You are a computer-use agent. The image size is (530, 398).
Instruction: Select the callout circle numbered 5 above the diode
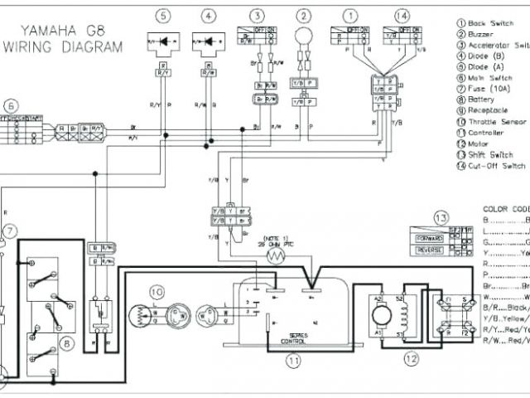click(163, 17)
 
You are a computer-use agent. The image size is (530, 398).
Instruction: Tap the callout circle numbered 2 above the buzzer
click(306, 17)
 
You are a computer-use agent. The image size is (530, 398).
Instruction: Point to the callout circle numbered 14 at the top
click(402, 17)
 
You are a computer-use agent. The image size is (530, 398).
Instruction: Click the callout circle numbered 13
click(440, 218)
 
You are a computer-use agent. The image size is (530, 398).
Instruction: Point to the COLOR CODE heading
click(505, 208)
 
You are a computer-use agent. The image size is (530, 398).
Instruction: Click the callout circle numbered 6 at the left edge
click(10, 106)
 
